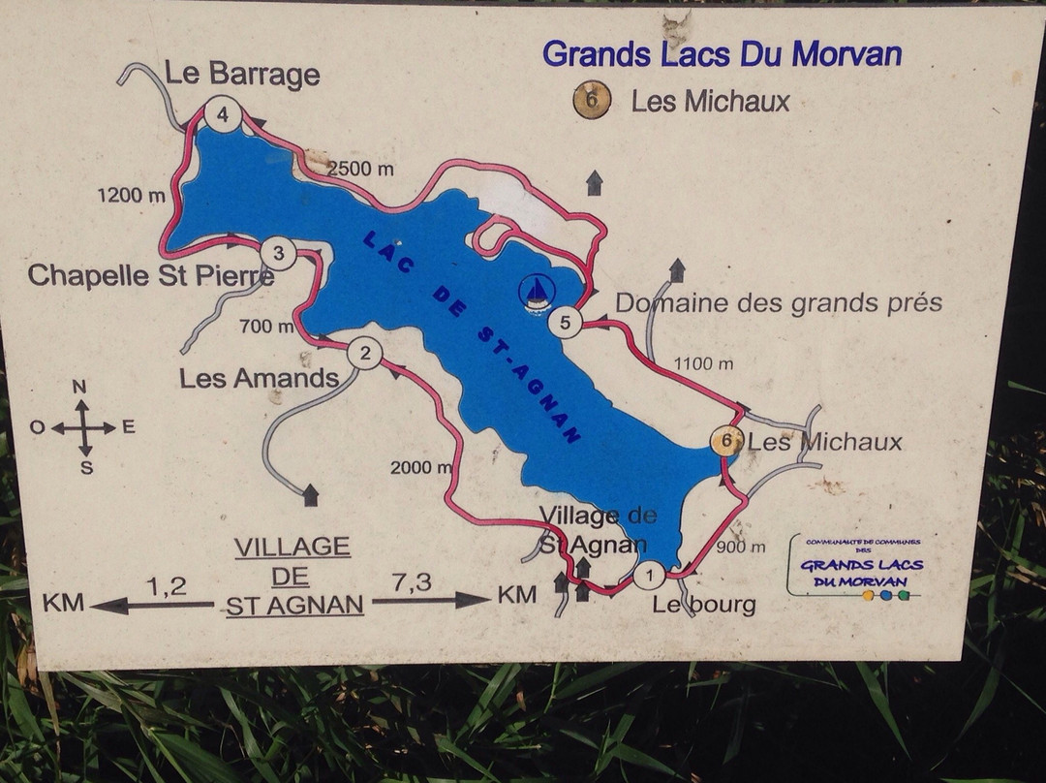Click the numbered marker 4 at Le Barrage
click(223, 116)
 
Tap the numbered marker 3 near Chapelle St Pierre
click(279, 255)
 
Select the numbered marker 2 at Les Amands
click(364, 353)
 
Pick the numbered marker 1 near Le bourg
click(649, 576)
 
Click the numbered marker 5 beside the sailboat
click(565, 322)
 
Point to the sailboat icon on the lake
click(537, 292)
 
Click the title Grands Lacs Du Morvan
click(722, 52)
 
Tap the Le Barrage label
click(242, 74)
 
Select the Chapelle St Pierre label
click(151, 275)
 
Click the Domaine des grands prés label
click(779, 302)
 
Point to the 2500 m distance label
click(361, 169)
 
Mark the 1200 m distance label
click(132, 196)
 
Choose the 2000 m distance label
click(421, 468)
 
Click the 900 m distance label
click(742, 547)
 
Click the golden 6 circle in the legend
click(592, 99)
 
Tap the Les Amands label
click(260, 378)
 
